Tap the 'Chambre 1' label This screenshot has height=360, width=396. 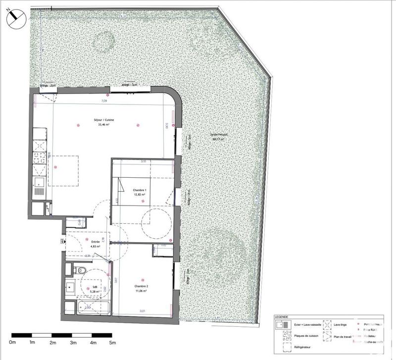pyautogui.click(x=140, y=190)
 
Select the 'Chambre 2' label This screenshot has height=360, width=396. pyautogui.click(x=142, y=286)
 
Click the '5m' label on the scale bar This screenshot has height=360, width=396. pyautogui.click(x=112, y=343)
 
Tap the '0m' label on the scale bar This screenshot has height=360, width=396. pyautogui.click(x=13, y=343)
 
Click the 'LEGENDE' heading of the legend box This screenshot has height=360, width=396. pyautogui.click(x=285, y=317)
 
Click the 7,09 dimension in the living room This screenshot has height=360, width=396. pyautogui.click(x=104, y=101)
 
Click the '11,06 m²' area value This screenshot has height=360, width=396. pyautogui.click(x=142, y=291)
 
